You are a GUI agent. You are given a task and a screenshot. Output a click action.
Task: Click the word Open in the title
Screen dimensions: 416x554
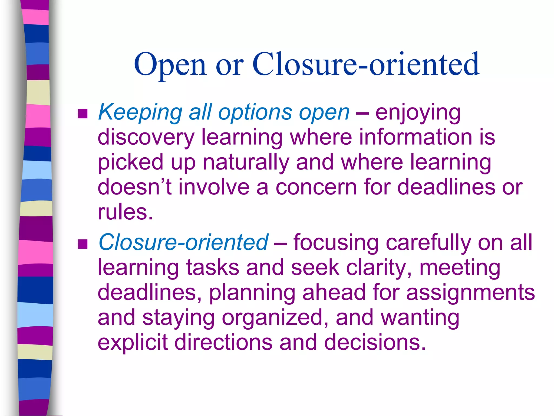[170, 65]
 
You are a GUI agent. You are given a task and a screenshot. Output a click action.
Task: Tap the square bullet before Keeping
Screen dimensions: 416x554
[83, 114]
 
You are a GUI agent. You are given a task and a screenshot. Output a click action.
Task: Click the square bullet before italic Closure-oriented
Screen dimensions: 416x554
[83, 244]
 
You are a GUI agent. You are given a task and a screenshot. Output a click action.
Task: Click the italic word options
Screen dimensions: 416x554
[255, 112]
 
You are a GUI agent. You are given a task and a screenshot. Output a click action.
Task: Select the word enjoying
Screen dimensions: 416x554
[418, 113]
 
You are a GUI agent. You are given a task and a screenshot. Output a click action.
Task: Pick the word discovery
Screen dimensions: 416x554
[146, 138]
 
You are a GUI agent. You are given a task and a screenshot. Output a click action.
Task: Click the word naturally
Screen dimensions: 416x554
[246, 162]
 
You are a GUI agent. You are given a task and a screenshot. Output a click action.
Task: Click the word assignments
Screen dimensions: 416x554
[470, 293]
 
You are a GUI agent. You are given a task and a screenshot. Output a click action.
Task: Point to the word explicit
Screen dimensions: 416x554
[133, 343]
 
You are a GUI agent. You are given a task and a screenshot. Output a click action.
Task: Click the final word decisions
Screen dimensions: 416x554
[375, 343]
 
